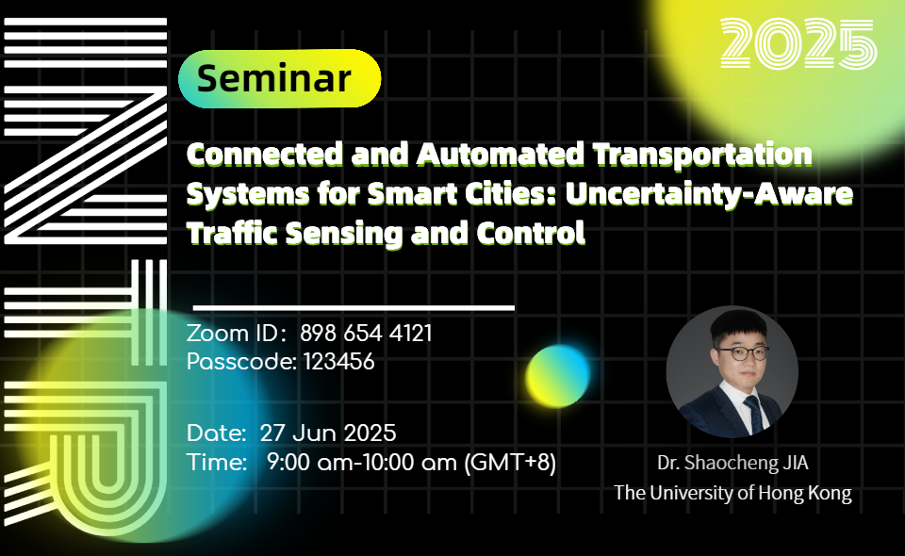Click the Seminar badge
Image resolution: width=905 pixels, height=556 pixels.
pos(279,78)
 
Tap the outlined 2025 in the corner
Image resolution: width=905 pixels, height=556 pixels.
pos(798,43)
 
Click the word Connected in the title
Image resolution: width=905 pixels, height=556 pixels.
pos(265,154)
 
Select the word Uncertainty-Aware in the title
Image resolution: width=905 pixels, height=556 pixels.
pos(709,194)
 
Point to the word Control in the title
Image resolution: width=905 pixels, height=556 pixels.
pos(531,233)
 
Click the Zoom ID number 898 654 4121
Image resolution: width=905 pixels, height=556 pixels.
pos(366,334)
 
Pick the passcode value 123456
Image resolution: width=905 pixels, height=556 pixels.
pos(338,362)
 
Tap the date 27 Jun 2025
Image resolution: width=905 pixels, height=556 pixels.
pos(328,433)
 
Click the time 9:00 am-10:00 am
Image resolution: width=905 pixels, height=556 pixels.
pos(362,462)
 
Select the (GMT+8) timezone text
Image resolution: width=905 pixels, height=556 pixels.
pos(510,462)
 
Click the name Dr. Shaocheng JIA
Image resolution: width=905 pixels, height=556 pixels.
pos(732,463)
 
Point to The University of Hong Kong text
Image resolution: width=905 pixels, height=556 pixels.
pos(732,493)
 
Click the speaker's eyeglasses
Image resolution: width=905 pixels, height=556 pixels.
pos(743,352)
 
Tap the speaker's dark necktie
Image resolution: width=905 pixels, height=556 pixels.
pos(754,413)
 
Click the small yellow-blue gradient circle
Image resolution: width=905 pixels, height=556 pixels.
pos(557,375)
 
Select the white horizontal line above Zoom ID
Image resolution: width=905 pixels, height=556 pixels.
pos(354,308)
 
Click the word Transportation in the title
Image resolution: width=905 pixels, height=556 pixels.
pos(701,155)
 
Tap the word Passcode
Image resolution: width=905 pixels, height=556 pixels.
pos(242,362)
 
